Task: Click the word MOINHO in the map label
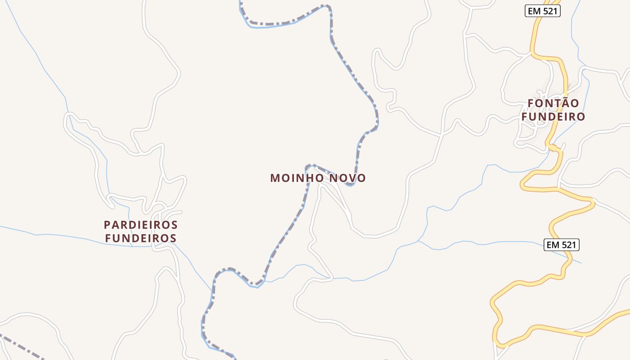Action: (x=297, y=178)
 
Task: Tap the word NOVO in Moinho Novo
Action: (x=347, y=178)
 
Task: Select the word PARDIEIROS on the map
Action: (x=141, y=225)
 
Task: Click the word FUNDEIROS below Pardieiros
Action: (x=141, y=238)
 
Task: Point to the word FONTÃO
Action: (x=553, y=103)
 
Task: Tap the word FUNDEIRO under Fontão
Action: (x=553, y=117)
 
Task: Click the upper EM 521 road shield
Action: (x=543, y=11)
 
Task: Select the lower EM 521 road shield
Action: (x=561, y=245)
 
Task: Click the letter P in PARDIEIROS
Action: (x=107, y=225)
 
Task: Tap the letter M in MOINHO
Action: (x=274, y=178)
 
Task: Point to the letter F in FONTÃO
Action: (x=531, y=103)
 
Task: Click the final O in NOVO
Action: (x=361, y=178)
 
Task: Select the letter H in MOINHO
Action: (x=310, y=178)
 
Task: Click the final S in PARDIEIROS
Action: (x=175, y=225)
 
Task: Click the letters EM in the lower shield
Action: (x=553, y=245)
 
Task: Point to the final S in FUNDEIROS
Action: (x=173, y=238)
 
